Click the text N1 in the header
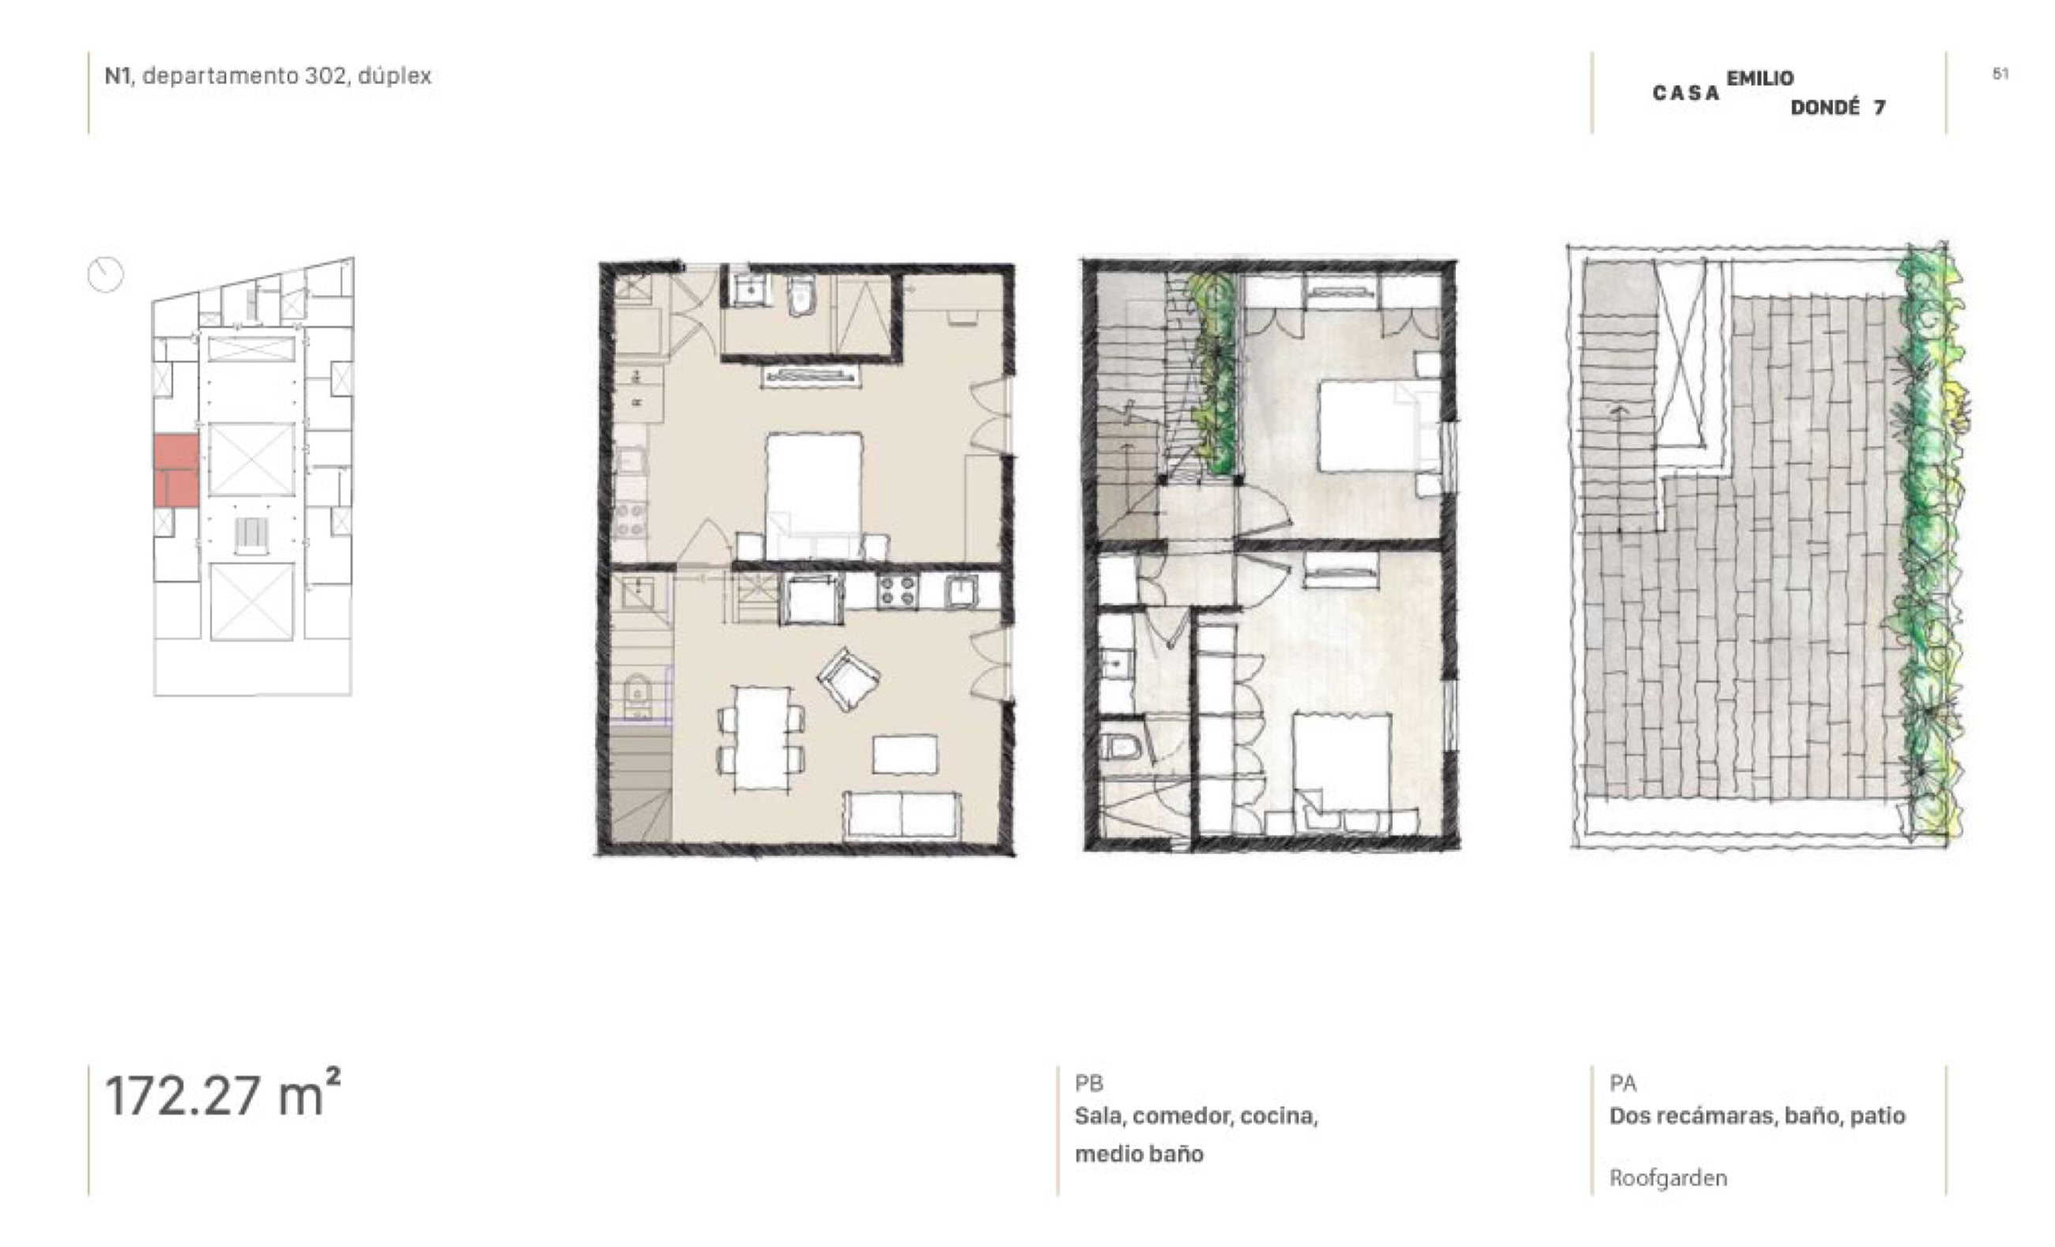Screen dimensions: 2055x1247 pos(117,76)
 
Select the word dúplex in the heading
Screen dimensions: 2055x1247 pos(394,76)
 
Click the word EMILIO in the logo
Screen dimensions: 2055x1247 pos(1759,78)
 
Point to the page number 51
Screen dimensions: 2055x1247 pos(2000,73)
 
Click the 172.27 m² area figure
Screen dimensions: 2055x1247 pos(223,1094)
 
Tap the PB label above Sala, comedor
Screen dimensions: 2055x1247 pos(1089,1083)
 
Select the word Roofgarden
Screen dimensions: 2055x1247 pos(1668,1177)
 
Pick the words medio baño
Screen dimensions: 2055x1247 pos(1139,1154)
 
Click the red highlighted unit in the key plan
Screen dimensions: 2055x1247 pos(176,470)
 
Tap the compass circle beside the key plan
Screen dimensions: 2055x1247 pos(105,274)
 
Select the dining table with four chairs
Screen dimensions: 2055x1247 pos(761,737)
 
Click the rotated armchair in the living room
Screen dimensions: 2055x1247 pos(848,679)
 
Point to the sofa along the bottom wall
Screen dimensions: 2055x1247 pos(903,816)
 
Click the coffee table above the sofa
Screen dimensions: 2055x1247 pos(905,754)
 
